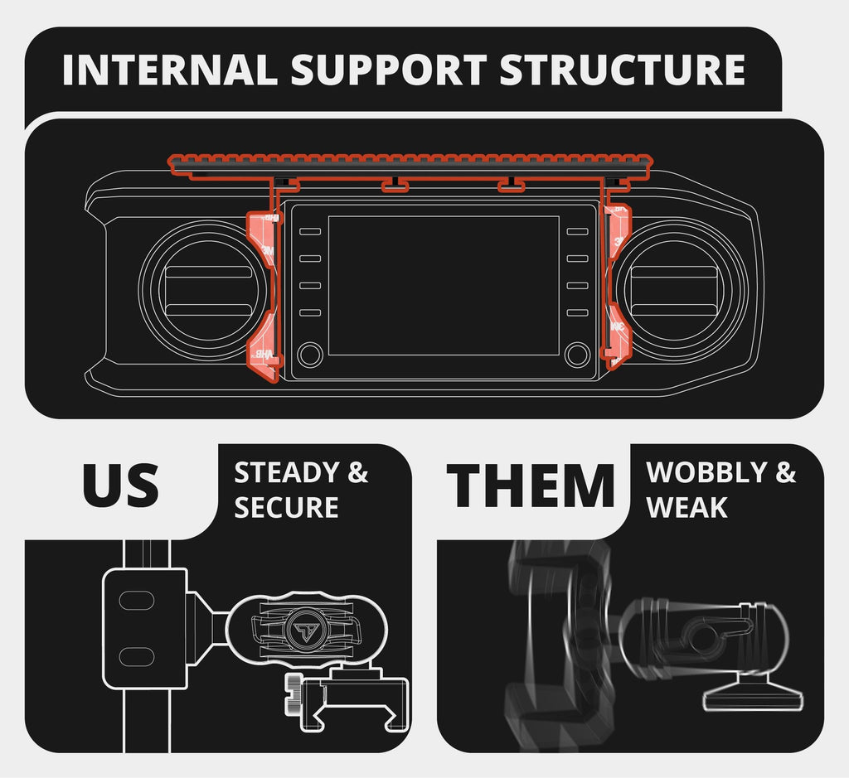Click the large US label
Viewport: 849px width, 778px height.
coord(120,486)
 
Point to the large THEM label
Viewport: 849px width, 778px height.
coord(531,486)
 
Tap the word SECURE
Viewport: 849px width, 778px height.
coord(286,507)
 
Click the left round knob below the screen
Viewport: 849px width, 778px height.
coord(309,355)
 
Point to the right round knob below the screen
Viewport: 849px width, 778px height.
coord(576,355)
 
